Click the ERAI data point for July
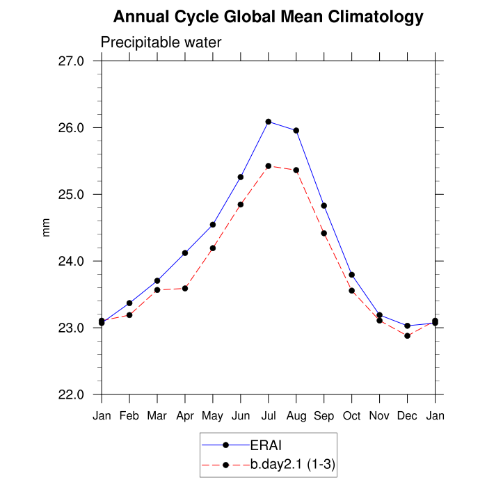(x=269, y=122)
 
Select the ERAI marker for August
(x=296, y=130)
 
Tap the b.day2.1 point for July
(x=269, y=166)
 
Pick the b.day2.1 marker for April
(x=185, y=288)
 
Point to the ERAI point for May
(x=213, y=225)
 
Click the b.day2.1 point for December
(x=408, y=336)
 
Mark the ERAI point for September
(x=324, y=205)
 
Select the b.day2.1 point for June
(x=241, y=205)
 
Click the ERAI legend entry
(x=265, y=445)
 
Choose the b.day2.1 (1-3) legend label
(x=293, y=464)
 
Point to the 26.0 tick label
(x=70, y=128)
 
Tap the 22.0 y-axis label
(x=70, y=394)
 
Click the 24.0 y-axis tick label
(x=70, y=261)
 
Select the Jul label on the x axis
(x=269, y=416)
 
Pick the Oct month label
(x=352, y=416)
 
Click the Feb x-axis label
(x=129, y=416)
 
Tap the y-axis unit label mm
(x=47, y=227)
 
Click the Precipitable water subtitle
(x=161, y=42)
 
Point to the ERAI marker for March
(x=157, y=280)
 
